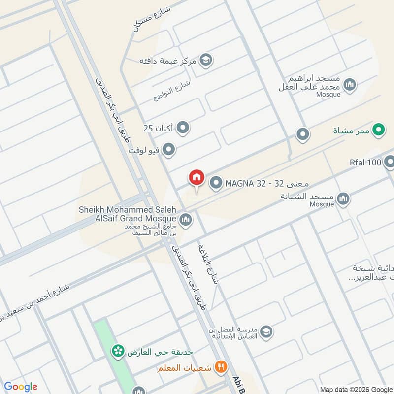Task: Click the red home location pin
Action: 196,177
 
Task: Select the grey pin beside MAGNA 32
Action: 216,184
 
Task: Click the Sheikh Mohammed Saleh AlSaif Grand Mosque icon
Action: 186,219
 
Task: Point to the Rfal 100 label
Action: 365,163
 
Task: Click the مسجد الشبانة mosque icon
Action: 343,198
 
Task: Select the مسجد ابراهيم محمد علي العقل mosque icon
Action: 350,85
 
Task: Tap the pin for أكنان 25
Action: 183,129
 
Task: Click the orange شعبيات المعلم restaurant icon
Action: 222,367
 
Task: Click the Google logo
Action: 21,387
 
